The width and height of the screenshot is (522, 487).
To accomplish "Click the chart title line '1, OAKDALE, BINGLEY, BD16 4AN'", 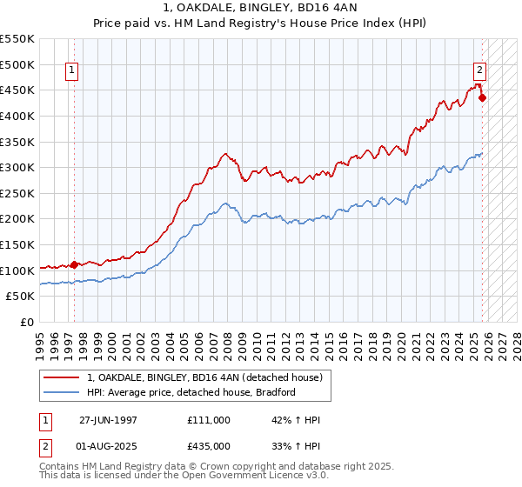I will (x=260, y=8).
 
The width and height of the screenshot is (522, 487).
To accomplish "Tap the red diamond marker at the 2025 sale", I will (x=482, y=97).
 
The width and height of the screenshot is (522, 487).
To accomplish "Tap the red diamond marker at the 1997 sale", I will (x=75, y=264).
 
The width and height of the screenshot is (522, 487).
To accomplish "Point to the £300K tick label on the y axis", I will (x=17, y=167).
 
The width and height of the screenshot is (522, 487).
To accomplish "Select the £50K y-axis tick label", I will (x=21, y=297).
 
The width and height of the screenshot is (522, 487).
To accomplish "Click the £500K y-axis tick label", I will (x=17, y=64).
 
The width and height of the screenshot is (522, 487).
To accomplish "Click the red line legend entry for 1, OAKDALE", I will (x=204, y=377).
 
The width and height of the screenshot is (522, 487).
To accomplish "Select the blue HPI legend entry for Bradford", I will (x=191, y=392).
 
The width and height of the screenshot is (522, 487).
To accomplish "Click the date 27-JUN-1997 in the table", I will (x=109, y=420).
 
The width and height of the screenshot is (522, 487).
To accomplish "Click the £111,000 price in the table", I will (x=208, y=420).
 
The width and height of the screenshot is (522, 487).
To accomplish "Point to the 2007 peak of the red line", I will (x=224, y=154).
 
